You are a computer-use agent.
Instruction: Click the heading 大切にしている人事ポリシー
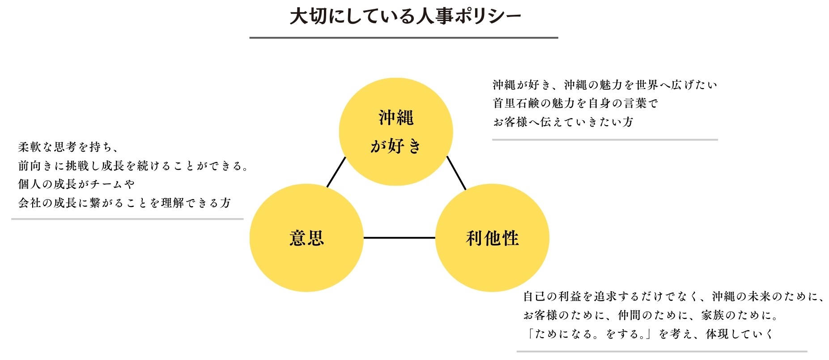405,17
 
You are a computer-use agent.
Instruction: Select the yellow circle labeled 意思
306,238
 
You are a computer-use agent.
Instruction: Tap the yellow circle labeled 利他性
492,238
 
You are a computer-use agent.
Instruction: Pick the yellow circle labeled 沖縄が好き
396,131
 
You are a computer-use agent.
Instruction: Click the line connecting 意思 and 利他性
399,238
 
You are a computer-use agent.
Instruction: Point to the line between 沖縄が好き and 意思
336,172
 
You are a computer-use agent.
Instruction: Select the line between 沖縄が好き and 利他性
456,173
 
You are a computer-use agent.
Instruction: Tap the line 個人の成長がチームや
77,184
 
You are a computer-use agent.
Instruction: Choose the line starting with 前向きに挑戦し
133,166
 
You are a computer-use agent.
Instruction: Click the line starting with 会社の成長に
124,203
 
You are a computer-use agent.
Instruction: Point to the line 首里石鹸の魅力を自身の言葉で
575,103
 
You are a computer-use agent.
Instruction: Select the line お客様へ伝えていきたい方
563,122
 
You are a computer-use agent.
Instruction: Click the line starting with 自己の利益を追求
673,296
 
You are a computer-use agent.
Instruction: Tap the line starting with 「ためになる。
648,334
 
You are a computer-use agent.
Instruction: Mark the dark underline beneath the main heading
404,38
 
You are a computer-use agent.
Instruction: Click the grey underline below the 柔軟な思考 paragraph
127,219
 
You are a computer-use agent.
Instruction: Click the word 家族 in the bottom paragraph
713,315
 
